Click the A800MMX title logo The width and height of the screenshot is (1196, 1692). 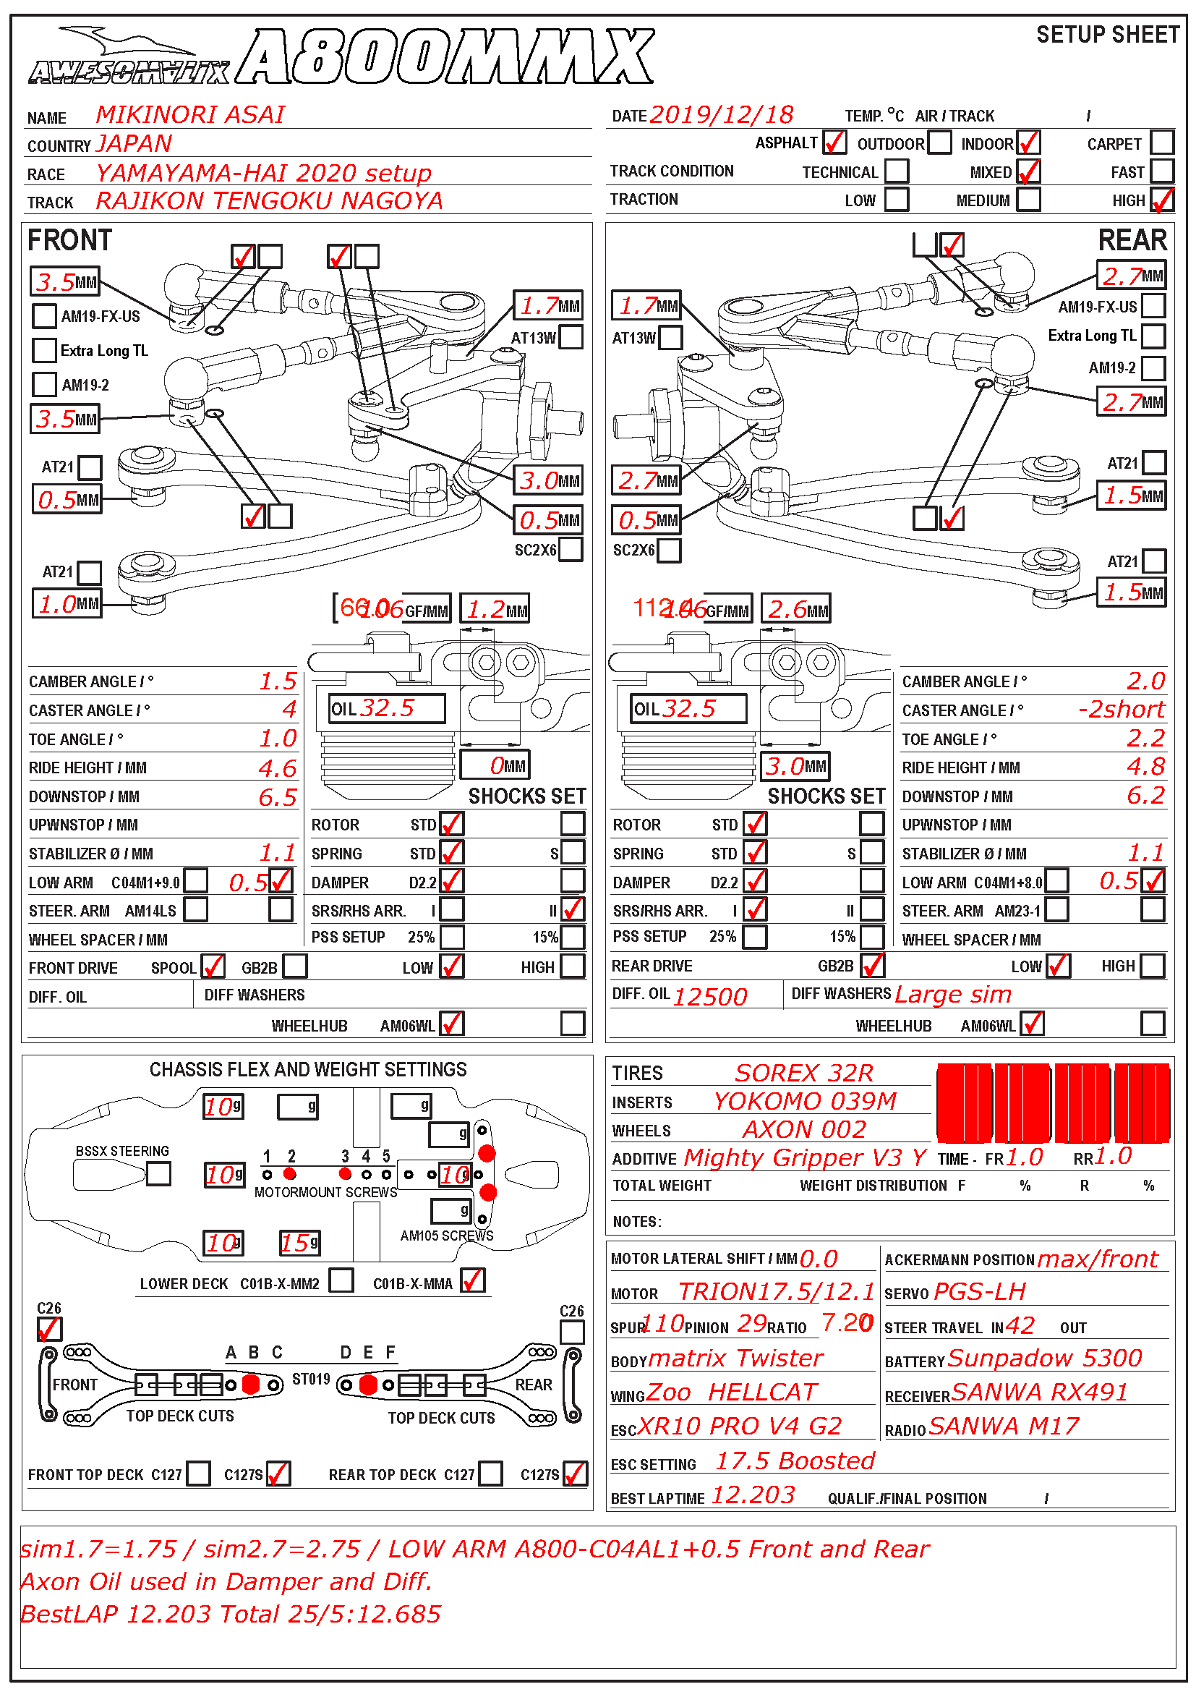coord(445,56)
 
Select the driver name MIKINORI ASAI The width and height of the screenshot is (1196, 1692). coord(190,115)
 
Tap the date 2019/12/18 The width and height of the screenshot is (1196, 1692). coord(721,115)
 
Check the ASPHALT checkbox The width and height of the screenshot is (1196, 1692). coord(834,143)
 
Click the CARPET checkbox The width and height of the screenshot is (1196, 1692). coord(1161,143)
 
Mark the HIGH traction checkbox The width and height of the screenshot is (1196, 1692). coord(1161,200)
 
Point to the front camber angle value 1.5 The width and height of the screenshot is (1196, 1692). coord(278,681)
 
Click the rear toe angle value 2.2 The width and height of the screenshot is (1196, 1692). coord(1145,739)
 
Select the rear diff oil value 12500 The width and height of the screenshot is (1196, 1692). coord(710,996)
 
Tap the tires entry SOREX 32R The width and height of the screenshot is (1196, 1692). coord(803,1073)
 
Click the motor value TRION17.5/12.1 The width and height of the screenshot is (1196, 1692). coord(776,1292)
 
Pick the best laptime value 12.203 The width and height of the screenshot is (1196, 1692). coord(753,1495)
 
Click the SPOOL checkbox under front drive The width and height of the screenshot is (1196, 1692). coord(213,966)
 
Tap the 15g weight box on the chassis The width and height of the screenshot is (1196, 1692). coord(300,1244)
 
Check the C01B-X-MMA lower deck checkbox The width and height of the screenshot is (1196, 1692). coord(473,1281)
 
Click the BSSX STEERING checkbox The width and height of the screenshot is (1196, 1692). coord(158,1173)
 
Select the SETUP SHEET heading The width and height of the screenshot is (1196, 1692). coord(1107,35)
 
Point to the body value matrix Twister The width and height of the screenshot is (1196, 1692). coord(735,1359)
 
